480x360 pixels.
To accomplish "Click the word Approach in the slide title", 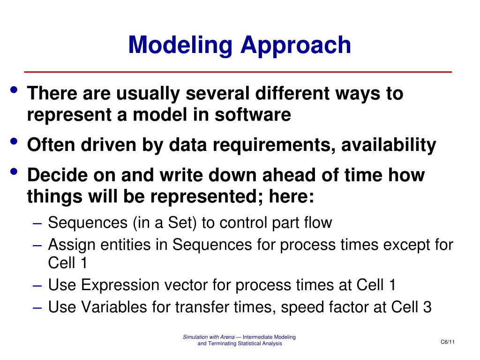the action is coord(296,46).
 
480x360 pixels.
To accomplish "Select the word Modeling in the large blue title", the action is coord(180,46).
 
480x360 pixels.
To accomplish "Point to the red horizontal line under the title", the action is coord(238,72).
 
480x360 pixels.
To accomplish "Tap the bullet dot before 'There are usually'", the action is coord(14,90).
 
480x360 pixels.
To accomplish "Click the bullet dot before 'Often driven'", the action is coord(14,141).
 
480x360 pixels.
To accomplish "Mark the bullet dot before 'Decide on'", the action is coord(14,172).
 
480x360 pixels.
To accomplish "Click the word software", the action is coord(253,115).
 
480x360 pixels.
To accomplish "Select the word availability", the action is coord(389,145).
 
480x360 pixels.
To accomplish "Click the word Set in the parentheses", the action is coord(180,223).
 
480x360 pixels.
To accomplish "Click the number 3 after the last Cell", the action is coord(427,307).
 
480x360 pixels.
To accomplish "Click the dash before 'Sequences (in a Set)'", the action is coord(37,224).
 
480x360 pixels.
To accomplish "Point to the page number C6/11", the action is coord(448,342).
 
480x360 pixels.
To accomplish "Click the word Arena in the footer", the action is coord(227,337).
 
